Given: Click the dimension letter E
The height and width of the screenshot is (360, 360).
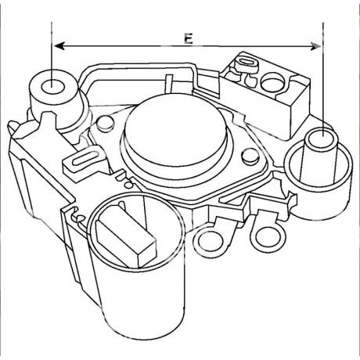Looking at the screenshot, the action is click(x=188, y=38).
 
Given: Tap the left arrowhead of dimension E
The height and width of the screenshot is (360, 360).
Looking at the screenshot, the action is click(x=59, y=46).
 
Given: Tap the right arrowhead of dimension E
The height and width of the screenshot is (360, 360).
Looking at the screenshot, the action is click(x=315, y=46).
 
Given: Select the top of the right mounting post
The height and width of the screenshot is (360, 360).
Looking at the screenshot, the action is click(x=322, y=140).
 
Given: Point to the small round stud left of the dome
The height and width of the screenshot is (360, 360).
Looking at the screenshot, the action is click(x=106, y=123).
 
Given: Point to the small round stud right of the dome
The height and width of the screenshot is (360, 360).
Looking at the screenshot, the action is click(x=250, y=157).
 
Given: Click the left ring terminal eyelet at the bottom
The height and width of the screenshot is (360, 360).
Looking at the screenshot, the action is click(x=211, y=241).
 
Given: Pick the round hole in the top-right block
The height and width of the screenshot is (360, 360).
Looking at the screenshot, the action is click(x=272, y=82).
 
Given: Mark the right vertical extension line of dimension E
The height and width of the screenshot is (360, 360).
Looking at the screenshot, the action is click(x=323, y=79).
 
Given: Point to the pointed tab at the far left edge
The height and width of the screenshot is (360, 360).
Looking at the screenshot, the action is click(x=13, y=128).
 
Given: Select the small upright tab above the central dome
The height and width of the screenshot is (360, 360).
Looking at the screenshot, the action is click(x=169, y=84).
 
